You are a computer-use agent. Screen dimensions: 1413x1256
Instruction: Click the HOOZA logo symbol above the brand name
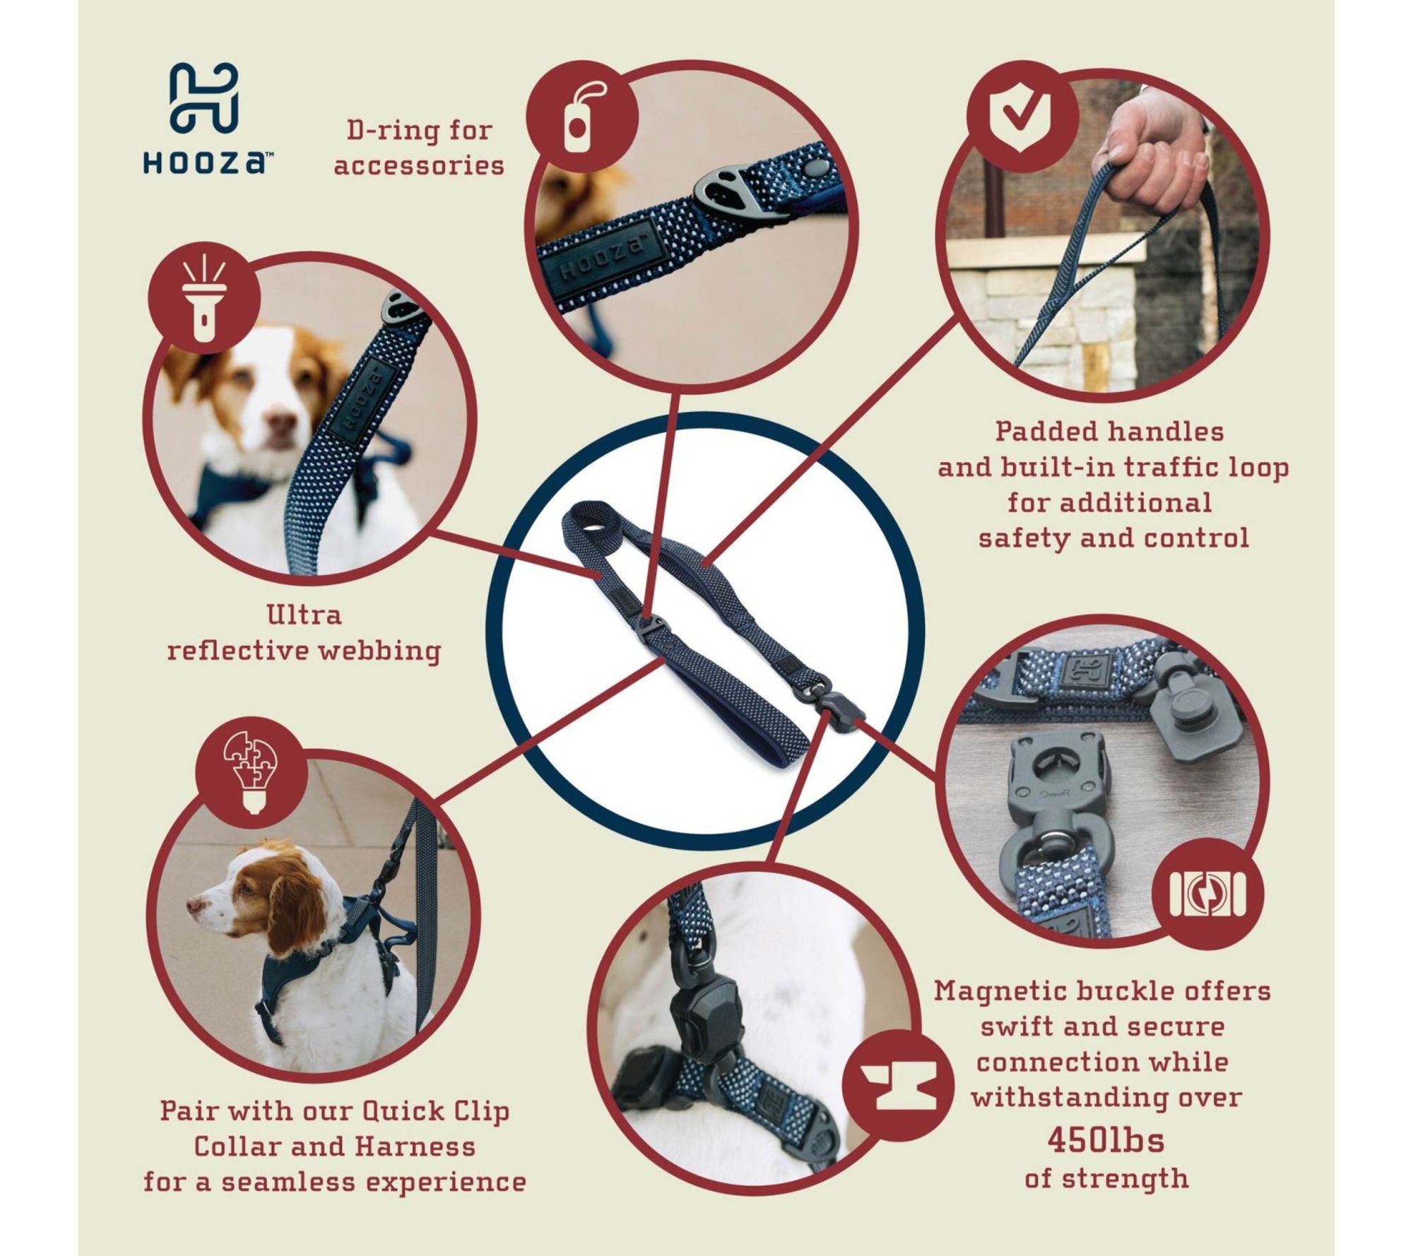pyautogui.click(x=203, y=98)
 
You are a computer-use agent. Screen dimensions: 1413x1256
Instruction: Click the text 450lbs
pyautogui.click(x=1106, y=1139)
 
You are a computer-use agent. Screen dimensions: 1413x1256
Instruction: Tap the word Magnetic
pyautogui.click(x=1000, y=991)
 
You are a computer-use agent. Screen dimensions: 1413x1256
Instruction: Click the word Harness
pyautogui.click(x=415, y=1146)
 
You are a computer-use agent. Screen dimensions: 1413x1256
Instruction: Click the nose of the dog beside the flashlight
pyautogui.click(x=281, y=424)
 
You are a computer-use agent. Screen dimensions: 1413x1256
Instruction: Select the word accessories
pyautogui.click(x=419, y=165)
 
